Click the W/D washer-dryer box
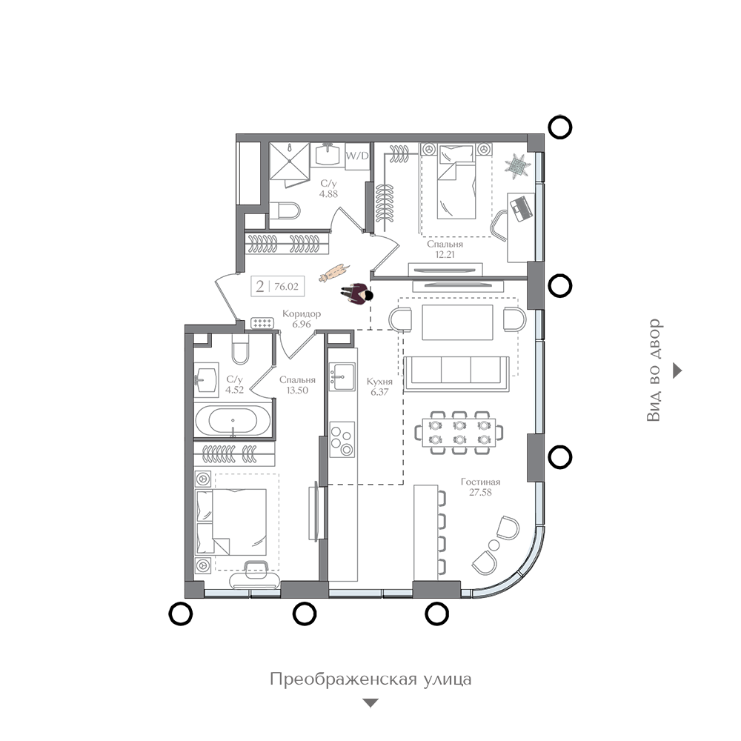coord(357,156)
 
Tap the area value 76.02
coord(286,286)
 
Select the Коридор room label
coord(302,313)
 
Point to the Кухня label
coord(379,382)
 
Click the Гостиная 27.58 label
coord(480,487)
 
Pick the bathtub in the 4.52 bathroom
coord(233,421)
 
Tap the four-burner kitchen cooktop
coord(342,439)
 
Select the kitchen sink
coord(342,376)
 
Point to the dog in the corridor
coord(334,273)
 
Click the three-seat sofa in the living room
coord(456,373)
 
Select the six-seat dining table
coord(459,433)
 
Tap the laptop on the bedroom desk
coord(521,208)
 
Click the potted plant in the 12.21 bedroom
coord(517,166)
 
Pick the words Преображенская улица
coord(370,679)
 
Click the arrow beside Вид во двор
coord(678,370)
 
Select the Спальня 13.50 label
coord(297,385)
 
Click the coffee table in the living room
coord(457,322)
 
